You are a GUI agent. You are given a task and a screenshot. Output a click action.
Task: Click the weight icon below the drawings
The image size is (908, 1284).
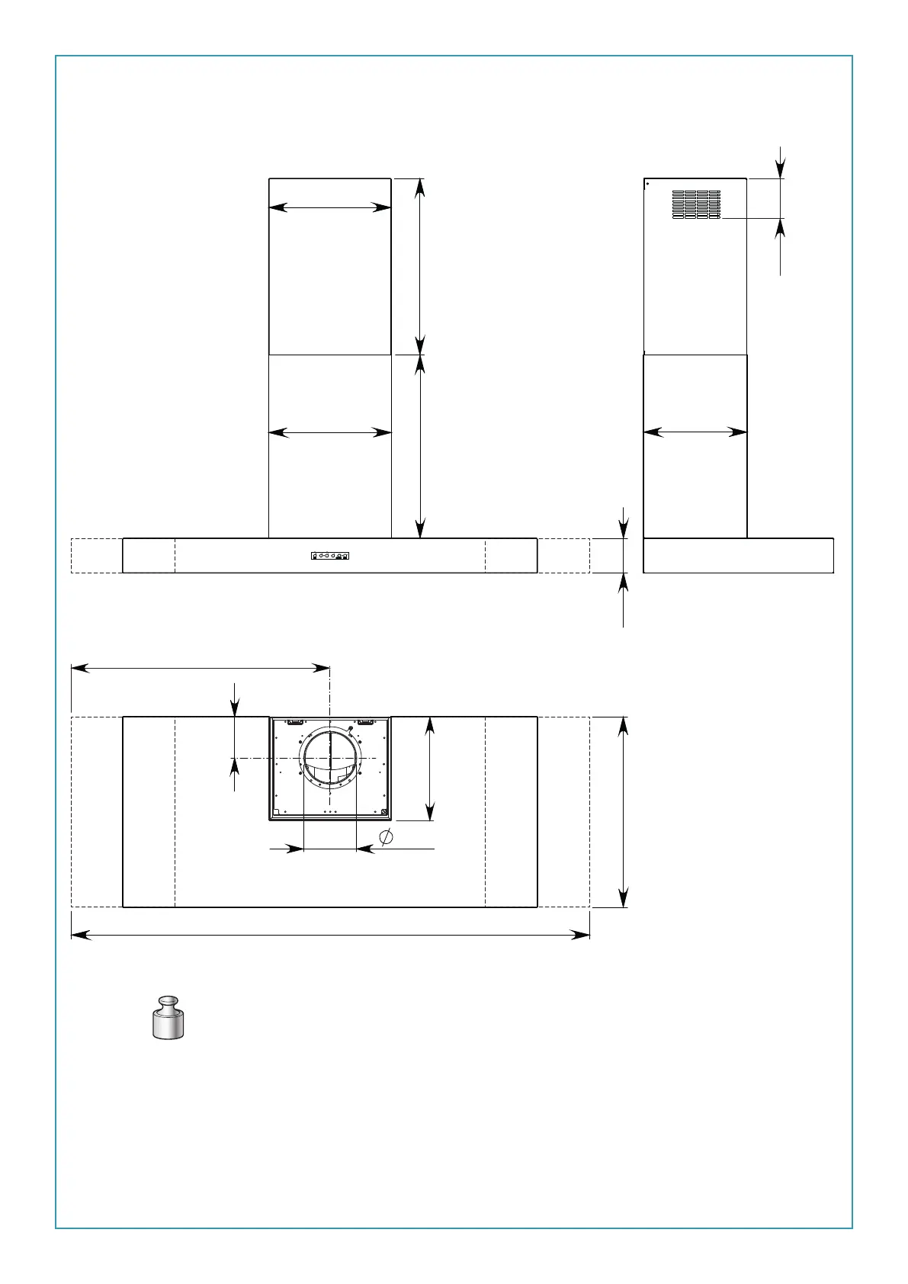point(168,1017)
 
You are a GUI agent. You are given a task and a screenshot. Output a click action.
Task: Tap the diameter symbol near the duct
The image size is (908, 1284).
point(387,836)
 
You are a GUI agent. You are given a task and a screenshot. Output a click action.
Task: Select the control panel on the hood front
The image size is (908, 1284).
point(330,556)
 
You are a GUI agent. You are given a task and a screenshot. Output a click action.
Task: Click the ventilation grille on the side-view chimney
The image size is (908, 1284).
point(696,204)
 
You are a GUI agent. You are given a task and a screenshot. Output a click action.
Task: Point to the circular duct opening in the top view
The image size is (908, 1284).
point(330,757)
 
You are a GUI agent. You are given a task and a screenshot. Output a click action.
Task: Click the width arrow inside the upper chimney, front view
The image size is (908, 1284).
point(330,207)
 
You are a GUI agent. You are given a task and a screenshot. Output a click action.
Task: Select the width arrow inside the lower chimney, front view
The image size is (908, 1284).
point(330,432)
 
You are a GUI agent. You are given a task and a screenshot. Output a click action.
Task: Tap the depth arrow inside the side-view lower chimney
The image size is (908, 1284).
point(695,432)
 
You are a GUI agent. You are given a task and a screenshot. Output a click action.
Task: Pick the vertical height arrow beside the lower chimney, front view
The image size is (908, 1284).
point(420,446)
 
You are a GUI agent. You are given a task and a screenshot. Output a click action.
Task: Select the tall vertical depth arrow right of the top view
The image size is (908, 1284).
point(624,811)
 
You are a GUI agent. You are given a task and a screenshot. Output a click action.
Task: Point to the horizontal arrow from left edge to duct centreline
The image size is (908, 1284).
point(200,668)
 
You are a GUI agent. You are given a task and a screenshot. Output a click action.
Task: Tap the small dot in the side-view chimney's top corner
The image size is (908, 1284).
point(647,183)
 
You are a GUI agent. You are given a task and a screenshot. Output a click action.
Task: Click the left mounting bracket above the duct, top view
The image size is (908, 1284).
point(296,721)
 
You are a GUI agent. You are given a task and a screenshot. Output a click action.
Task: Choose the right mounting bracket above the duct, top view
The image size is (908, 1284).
point(365,721)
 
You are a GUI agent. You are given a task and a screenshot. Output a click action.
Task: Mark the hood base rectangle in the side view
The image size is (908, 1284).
point(738,555)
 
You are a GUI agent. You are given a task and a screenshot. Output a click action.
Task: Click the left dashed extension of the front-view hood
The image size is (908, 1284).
point(97,555)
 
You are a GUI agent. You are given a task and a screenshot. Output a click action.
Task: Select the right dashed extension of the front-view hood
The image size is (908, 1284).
point(563,555)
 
